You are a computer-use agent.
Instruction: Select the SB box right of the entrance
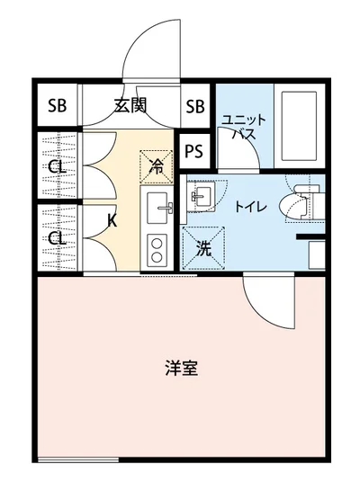coord(195,107)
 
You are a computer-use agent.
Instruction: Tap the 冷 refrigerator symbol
coord(156,166)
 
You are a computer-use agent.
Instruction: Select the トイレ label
coord(249,207)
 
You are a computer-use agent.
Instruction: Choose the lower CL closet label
coord(57,238)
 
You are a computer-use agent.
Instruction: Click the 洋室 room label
coord(181,368)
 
